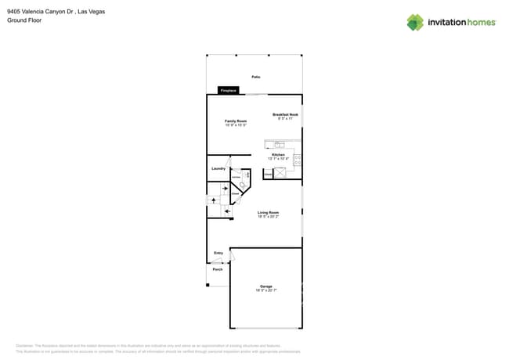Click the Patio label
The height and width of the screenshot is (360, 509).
click(255, 77)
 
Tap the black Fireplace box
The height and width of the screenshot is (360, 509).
click(228, 91)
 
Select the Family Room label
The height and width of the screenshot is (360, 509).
click(236, 121)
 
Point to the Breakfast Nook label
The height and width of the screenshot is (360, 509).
click(286, 115)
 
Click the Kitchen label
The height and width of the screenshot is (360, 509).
click(278, 155)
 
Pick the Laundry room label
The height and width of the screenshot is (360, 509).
click(218, 168)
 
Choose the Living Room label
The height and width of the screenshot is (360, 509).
click(269, 212)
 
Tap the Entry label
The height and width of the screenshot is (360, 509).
click(218, 253)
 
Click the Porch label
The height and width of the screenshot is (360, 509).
click(218, 269)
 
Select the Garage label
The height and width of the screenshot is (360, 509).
click(266, 286)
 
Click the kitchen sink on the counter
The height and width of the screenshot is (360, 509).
click(280, 143)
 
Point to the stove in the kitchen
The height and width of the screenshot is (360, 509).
click(297, 160)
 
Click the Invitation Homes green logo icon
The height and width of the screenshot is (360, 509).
click(415, 22)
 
